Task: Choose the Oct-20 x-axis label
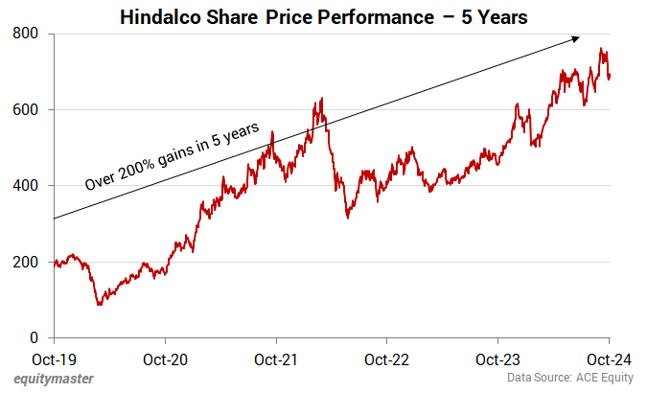coord(165,360)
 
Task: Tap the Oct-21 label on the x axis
coord(276,360)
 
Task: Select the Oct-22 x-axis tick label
coord(386,360)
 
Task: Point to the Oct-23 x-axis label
coord(497,360)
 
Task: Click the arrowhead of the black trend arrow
coord(576,38)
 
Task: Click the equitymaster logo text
coord(54,380)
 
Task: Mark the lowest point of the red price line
coord(98,305)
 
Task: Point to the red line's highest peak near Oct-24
coord(601,49)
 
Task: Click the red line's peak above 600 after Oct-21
coord(321,98)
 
